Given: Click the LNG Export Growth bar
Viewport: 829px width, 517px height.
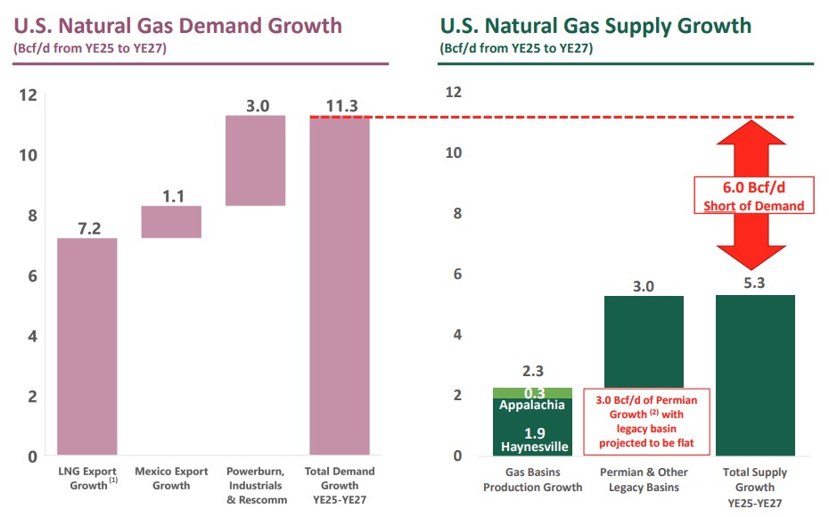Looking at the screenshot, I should coord(87,347).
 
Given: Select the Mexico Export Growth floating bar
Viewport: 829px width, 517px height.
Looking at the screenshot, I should coord(171,222).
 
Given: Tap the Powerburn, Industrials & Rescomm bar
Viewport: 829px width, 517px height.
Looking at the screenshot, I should coord(255,160).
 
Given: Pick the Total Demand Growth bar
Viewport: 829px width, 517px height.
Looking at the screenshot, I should coord(340,285).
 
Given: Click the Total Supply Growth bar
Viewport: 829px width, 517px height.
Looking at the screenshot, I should coord(755,374).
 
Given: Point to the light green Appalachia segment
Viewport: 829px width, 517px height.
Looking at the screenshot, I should coord(532,393).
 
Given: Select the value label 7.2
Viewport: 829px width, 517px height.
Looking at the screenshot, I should coord(87,228).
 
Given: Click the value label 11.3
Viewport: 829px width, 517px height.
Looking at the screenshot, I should coord(341,106).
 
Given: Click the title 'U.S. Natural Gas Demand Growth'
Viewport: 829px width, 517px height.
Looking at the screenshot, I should coord(177,25).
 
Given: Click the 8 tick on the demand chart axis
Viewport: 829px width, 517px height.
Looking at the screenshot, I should coord(29,215).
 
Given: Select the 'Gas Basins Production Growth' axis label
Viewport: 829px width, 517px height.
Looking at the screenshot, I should coord(532,480).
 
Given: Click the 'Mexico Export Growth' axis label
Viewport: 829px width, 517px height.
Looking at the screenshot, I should coord(171,478).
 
